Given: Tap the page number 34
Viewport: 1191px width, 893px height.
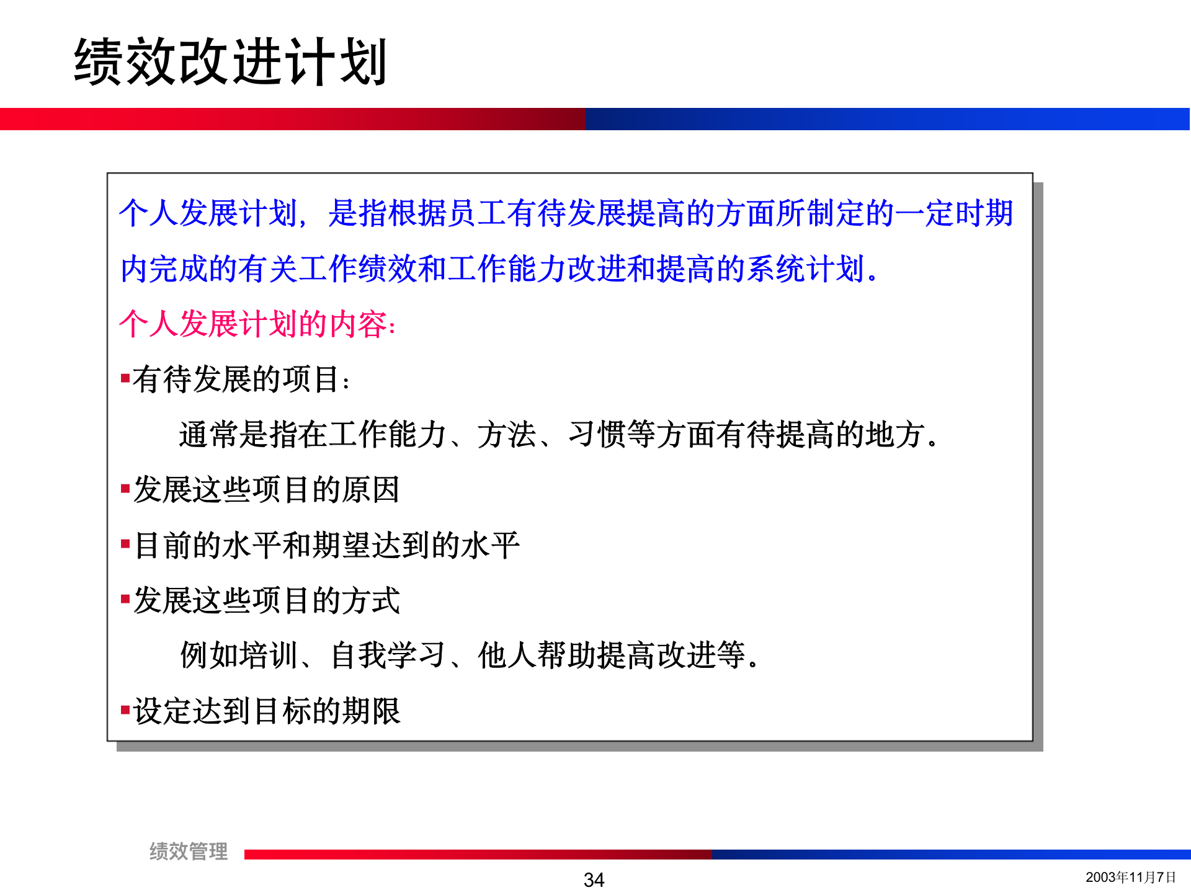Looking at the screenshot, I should click(594, 879).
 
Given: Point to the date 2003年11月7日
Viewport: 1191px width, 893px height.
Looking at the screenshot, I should click(1130, 877).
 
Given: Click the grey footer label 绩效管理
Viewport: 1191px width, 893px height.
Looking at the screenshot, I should click(189, 851).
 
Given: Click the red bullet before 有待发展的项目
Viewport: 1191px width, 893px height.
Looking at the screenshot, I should click(125, 378).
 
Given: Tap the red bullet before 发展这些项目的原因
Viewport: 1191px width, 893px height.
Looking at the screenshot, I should click(125, 489).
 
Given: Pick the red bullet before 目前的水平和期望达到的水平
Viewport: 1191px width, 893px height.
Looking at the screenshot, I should click(125, 544).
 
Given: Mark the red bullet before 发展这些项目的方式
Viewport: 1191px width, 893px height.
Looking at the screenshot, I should click(125, 599).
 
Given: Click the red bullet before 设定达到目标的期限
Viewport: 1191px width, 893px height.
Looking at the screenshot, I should click(125, 709).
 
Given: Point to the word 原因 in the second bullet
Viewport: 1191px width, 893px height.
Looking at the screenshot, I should click(370, 489).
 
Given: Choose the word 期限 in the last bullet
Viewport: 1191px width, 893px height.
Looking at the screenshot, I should click(371, 711).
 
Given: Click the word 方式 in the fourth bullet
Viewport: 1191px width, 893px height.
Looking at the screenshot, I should click(370, 600).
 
